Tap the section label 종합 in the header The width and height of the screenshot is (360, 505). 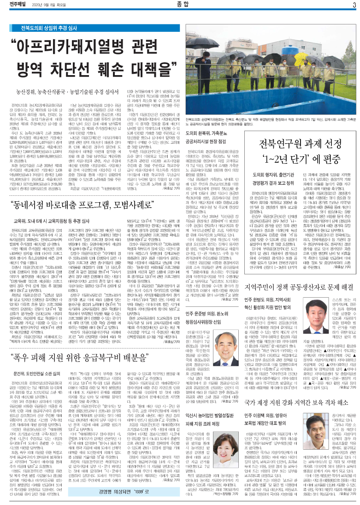click(180, 6)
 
